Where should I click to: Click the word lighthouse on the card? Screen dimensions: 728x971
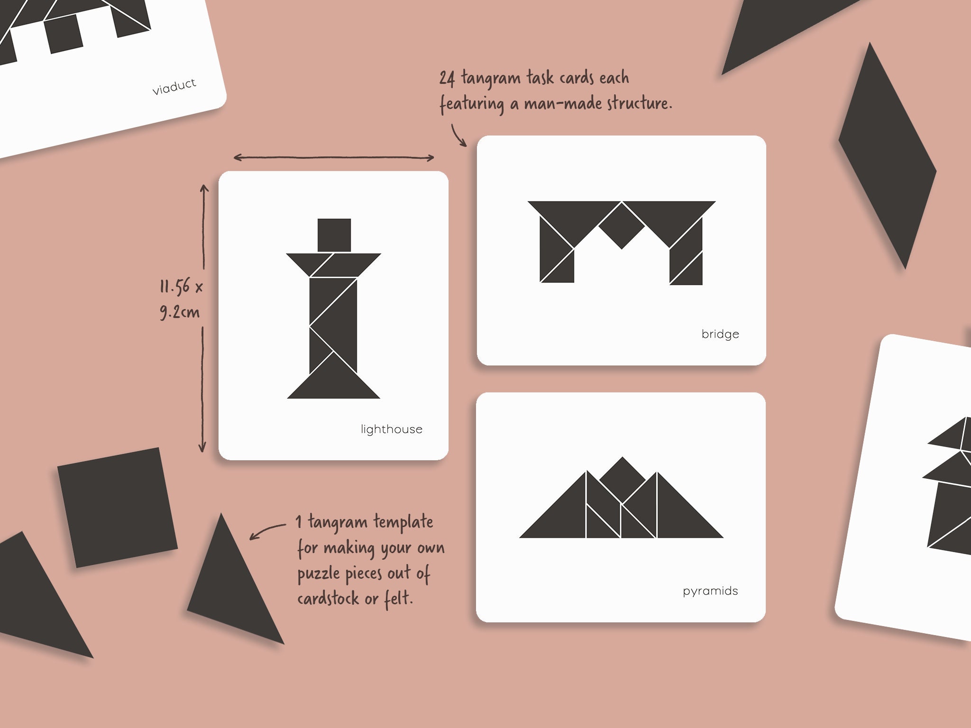coord(391,429)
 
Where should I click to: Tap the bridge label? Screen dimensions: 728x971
coord(720,334)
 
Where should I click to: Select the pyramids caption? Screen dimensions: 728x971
coord(710,591)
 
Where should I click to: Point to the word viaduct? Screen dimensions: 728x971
coord(174,87)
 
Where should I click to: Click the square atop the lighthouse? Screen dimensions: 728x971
coord(334,235)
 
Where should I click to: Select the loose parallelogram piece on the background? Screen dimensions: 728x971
coord(887,156)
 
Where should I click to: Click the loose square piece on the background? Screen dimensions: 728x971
coord(117,507)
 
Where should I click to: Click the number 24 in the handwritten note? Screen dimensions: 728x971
coord(446,79)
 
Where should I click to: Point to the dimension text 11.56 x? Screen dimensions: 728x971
coord(181,287)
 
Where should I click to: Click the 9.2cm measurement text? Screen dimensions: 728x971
coord(180,312)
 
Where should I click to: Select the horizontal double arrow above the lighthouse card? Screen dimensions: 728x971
coord(333,157)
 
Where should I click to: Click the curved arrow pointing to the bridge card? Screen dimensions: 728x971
coord(458,135)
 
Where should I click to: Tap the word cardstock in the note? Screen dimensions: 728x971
coord(328,599)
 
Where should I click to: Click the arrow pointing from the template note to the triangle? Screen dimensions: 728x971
coord(266,531)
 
